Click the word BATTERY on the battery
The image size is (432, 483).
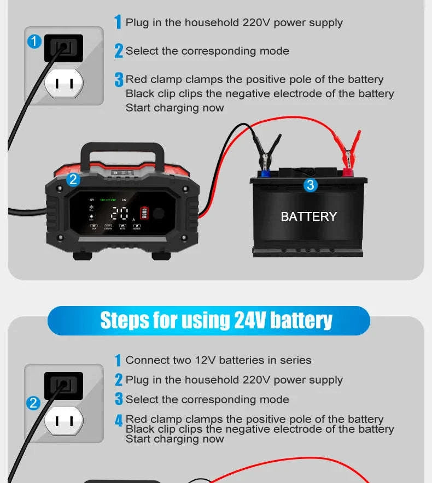pos(308,217)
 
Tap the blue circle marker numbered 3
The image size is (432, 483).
pos(311,185)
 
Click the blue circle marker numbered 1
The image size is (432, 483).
pos(34,42)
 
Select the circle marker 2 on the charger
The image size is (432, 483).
pos(73,180)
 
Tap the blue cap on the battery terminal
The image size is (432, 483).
pos(265,173)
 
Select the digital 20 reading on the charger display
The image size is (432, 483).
pos(120,214)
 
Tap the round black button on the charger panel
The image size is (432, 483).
pos(159,213)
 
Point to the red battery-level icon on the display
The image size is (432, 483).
pos(144,213)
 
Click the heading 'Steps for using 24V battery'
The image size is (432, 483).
pos(216,320)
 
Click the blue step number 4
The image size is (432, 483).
pos(118,421)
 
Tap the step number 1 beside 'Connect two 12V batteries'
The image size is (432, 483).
pos(118,361)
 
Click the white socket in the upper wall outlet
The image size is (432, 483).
pos(64,84)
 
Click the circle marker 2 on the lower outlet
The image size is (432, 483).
pos(34,403)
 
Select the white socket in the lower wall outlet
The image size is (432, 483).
pos(64,421)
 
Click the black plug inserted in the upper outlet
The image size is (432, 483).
pos(63,48)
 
